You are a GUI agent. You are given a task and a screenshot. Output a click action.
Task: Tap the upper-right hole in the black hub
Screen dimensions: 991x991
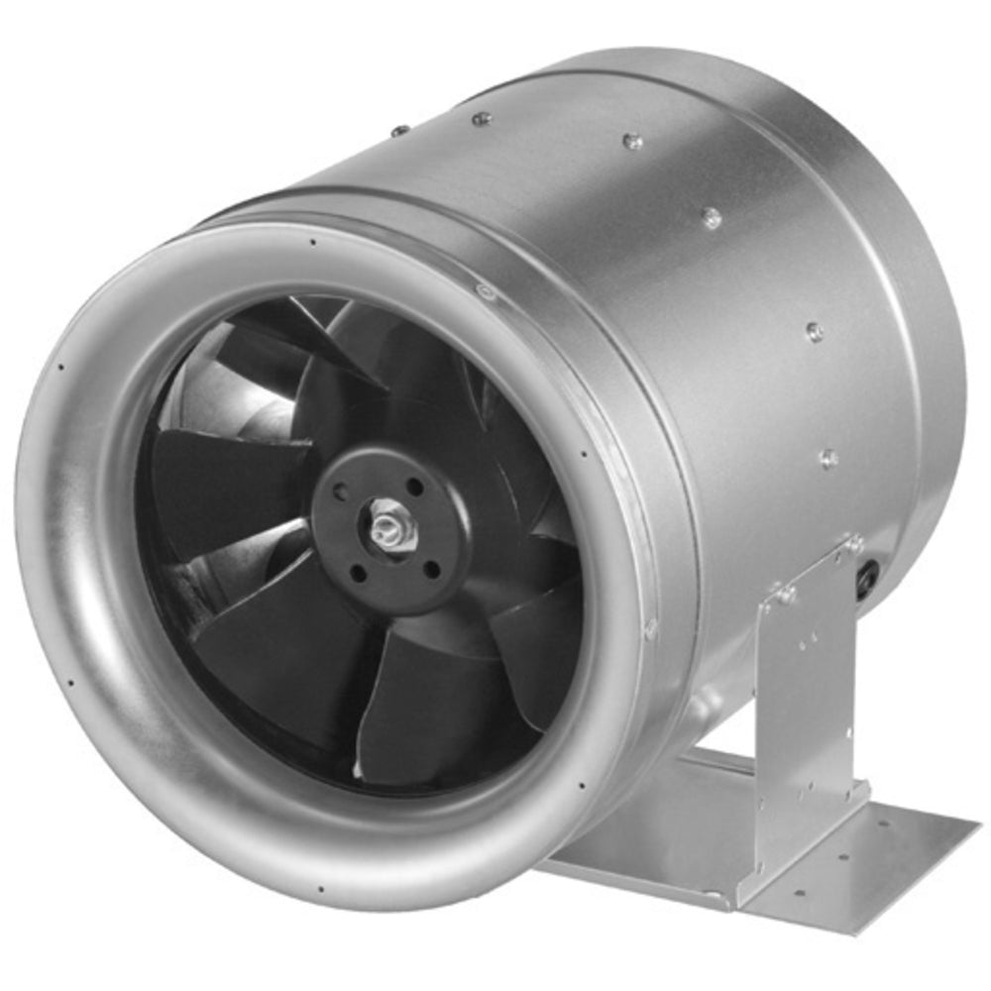coord(413,487)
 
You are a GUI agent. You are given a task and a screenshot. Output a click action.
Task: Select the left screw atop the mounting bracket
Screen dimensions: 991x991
coord(787,596)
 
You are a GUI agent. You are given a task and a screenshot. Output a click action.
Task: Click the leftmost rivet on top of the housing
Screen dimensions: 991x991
coord(399,130)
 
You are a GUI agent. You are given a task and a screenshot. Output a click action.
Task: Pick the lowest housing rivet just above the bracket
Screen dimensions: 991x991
coord(828,458)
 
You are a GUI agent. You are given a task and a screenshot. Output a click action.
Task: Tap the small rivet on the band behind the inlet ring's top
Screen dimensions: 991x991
coord(484,290)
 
